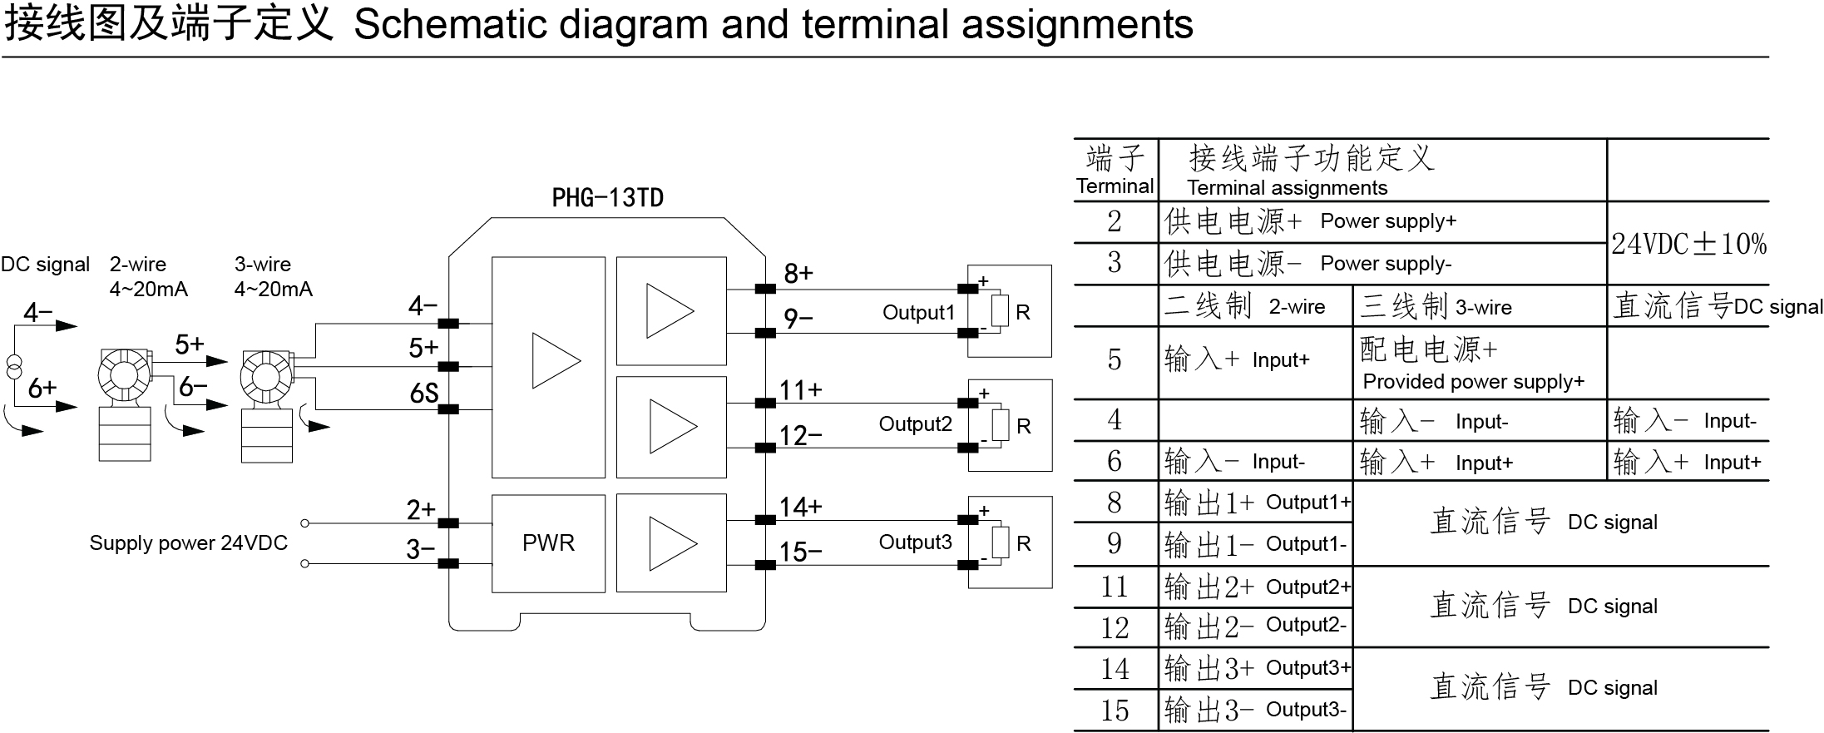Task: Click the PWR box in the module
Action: point(548,543)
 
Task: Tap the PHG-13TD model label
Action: point(607,198)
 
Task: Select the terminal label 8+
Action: point(798,274)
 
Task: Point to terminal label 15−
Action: point(800,552)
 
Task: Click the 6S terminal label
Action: point(423,393)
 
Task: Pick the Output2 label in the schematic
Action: point(915,424)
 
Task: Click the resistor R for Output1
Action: point(1001,311)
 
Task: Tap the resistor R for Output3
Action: point(1001,542)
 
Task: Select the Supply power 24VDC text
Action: point(188,543)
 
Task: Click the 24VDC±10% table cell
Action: point(1688,244)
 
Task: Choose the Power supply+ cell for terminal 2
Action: point(1388,221)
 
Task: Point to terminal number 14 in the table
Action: point(1115,669)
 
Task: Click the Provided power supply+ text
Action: point(1473,382)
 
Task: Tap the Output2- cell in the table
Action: point(1306,626)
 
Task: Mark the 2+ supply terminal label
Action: point(421,509)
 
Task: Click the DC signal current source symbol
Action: point(15,367)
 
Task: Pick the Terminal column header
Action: point(1115,186)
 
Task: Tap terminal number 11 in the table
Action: point(1115,587)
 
